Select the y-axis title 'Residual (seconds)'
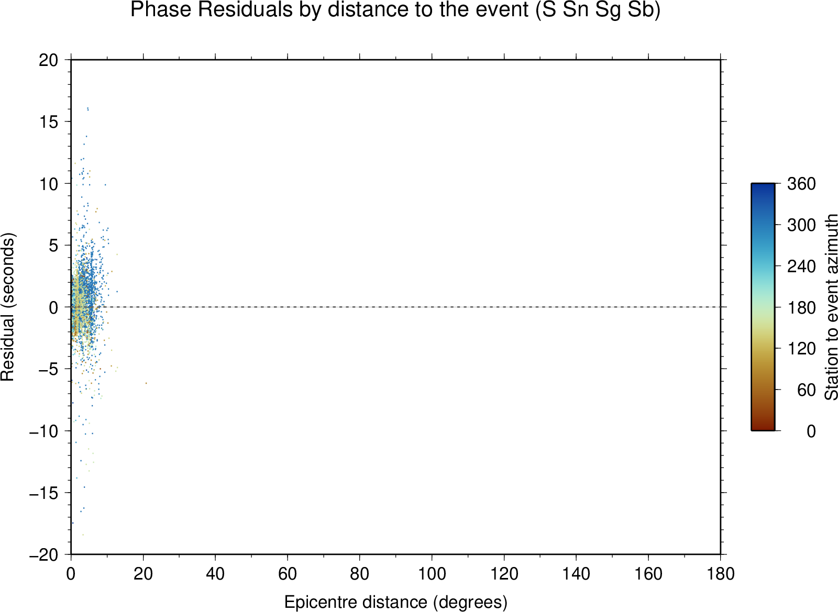(x=7, y=307)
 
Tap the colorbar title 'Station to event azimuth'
(x=831, y=307)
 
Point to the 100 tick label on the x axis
(x=432, y=574)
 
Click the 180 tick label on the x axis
(x=721, y=574)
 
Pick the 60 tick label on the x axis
(x=288, y=574)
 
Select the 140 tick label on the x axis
(x=576, y=574)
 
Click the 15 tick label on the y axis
(x=49, y=121)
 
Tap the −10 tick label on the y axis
(x=44, y=431)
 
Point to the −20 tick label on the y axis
(x=44, y=555)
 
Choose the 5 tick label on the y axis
(x=54, y=245)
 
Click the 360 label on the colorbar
(x=801, y=184)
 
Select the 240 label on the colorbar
(x=801, y=266)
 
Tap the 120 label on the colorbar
(x=801, y=349)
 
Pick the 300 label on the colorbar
(x=801, y=225)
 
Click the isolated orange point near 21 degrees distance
(x=146, y=383)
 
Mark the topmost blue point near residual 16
(x=87, y=108)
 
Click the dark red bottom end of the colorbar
(x=763, y=428)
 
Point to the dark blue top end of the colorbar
(x=763, y=186)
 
